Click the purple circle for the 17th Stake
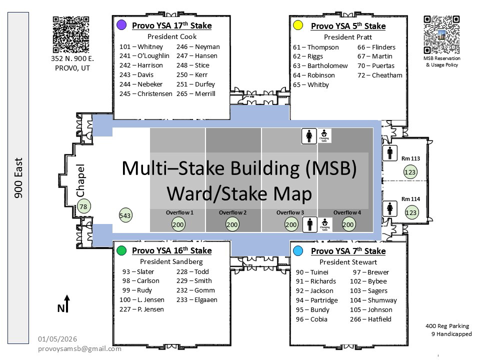pos(120,25)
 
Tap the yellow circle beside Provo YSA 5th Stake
pos(298,25)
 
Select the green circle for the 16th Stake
pos(120,250)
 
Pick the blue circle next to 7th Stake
pos(298,250)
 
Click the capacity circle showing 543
pos(125,215)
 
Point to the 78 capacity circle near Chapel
pos(83,206)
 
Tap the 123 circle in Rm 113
pos(410,172)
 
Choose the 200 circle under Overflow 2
pos(232,224)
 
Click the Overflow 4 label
pos(347,212)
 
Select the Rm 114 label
pos(410,199)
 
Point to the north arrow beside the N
pos(67,303)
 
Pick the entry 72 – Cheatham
pos(379,75)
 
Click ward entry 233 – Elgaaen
pos(196,299)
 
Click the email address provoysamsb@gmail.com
pos(79,348)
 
